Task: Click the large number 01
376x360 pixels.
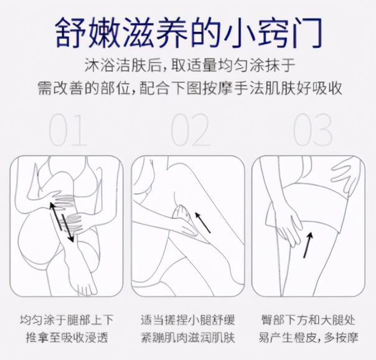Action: (68, 130)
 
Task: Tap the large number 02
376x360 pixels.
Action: (190, 130)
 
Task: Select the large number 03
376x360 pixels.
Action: (313, 130)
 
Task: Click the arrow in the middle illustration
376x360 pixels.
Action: (202, 220)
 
